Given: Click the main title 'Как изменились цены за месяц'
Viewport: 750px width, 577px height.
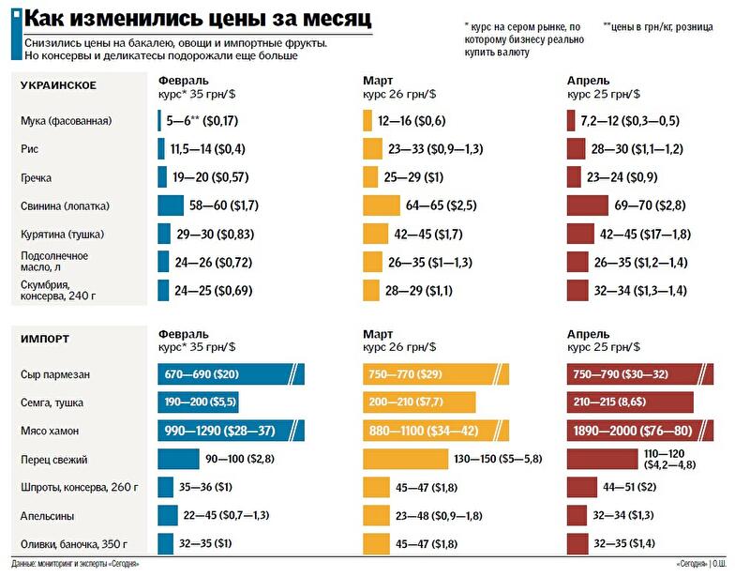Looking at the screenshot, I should (x=196, y=19).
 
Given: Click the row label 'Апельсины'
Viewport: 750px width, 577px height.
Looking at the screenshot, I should (x=48, y=515).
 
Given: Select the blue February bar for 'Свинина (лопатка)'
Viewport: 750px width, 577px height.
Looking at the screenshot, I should (x=171, y=205).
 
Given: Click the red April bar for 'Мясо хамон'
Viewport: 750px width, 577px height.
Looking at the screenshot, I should (x=643, y=431).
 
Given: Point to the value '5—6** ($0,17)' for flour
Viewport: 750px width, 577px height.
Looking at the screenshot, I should (x=202, y=121).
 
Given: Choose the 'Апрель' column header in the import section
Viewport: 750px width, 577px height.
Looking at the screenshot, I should (x=588, y=334).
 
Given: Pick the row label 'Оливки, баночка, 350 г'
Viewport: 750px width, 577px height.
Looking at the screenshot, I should (x=73, y=543).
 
